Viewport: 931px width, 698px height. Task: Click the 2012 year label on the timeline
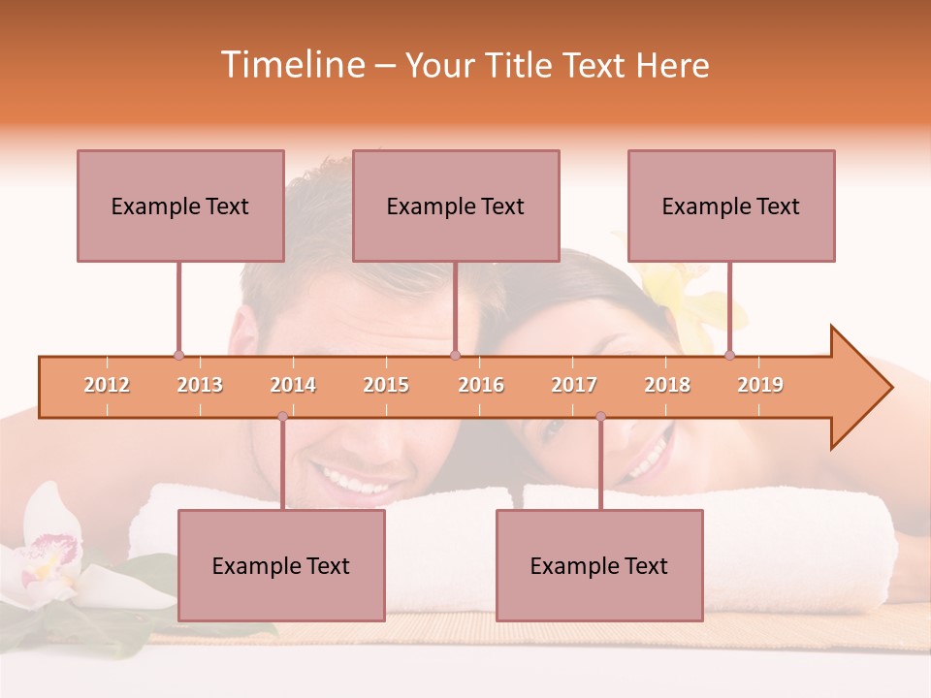point(107,385)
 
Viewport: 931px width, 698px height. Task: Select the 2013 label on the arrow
point(200,385)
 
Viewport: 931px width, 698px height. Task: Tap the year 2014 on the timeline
point(293,385)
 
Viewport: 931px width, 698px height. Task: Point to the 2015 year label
point(386,385)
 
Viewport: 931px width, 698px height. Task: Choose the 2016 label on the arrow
point(481,385)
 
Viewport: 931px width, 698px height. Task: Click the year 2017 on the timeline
point(574,385)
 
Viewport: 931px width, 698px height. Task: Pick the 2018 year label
point(667,385)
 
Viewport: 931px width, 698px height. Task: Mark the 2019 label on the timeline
point(760,385)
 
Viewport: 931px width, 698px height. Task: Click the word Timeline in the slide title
point(291,65)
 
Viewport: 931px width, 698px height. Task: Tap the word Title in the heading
point(520,66)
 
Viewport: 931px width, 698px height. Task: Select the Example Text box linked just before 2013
point(180,206)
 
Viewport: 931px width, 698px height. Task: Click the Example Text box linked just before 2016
point(456,206)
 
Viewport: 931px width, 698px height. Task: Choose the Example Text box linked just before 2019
point(731,206)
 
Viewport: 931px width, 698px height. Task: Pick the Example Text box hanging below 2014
point(281,565)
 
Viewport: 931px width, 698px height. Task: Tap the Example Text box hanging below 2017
point(599,565)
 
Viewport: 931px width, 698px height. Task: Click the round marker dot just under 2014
point(282,416)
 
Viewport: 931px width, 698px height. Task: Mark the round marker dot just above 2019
point(729,355)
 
